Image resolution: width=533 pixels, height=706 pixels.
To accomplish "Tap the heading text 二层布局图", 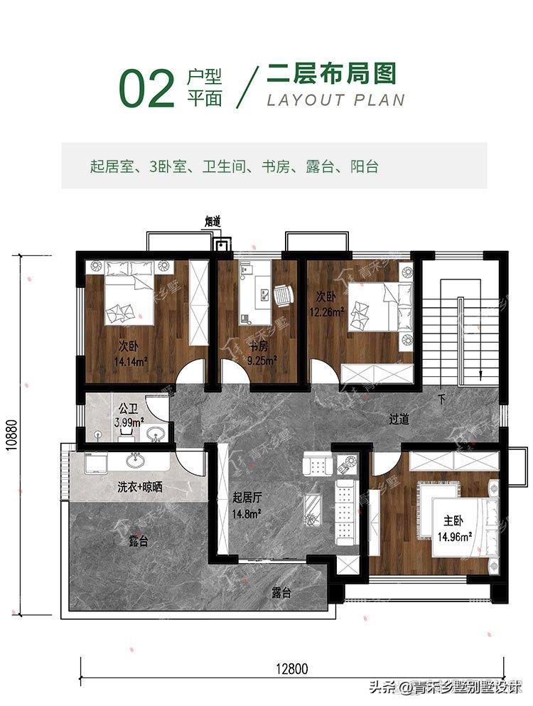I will (x=330, y=73).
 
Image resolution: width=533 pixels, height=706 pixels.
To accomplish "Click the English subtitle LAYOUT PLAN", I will (x=335, y=99).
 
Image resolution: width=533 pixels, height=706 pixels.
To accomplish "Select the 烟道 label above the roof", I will (x=214, y=222).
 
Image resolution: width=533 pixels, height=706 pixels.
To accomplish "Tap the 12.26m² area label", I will (x=326, y=311).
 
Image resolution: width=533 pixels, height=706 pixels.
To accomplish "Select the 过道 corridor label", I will (x=399, y=419).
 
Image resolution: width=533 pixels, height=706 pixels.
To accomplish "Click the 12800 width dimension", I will (x=291, y=668).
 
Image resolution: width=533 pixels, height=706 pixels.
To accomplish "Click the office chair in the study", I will (x=283, y=294).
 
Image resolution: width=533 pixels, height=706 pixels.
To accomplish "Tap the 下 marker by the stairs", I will (x=441, y=399).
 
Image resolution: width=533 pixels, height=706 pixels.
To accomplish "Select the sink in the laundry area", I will (x=136, y=461).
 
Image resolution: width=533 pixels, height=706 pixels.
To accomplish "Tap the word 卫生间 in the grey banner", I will (x=225, y=168).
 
